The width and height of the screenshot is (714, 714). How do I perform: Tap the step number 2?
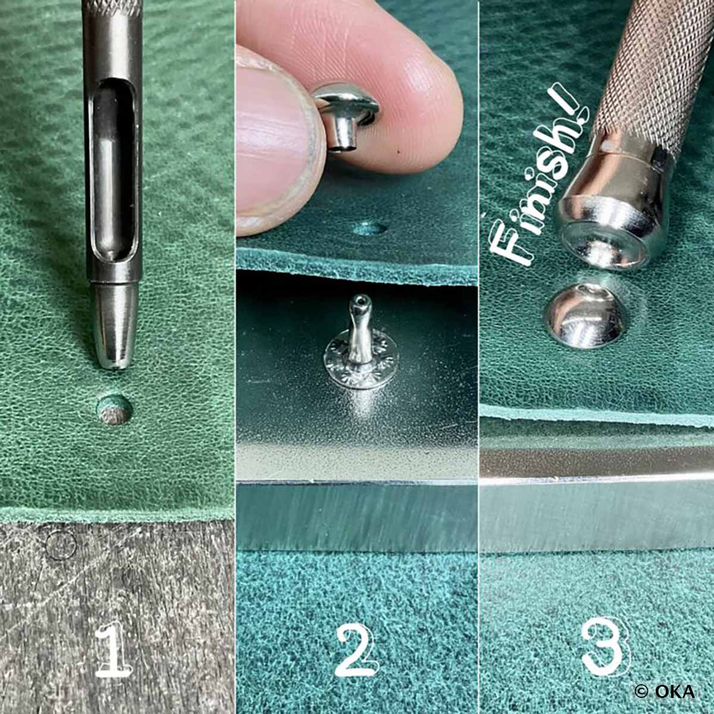[356, 652]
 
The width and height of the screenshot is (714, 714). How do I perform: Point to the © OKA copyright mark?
[664, 691]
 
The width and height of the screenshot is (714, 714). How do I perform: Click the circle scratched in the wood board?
[61, 545]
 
